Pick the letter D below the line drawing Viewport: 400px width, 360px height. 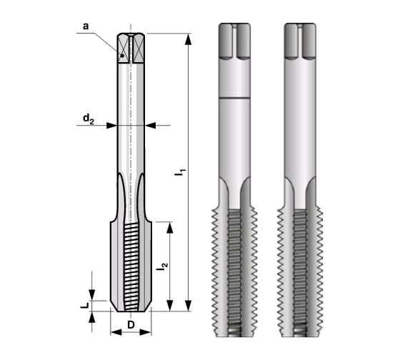pos(131,326)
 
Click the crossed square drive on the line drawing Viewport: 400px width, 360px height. pos(131,49)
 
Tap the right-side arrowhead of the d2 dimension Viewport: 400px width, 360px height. pos(149,125)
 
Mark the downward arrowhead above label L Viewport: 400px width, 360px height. pos(92,296)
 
